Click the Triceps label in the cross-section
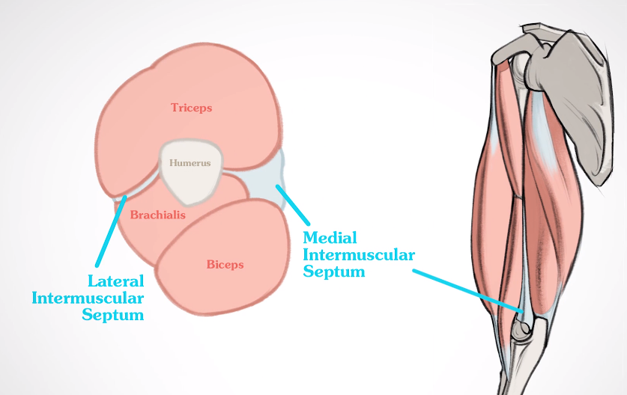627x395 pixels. click(191, 108)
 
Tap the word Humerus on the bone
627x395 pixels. click(190, 162)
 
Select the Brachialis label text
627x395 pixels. click(157, 215)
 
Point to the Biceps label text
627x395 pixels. click(225, 265)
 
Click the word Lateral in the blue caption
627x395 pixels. click(116, 282)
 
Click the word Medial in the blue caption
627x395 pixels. click(330, 239)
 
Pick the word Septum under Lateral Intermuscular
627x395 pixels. click(112, 315)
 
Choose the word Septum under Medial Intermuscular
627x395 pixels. click(333, 272)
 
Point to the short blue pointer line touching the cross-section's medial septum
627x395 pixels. click(294, 206)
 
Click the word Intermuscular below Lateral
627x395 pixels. click(88, 298)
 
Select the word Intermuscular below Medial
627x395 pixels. click(358, 255)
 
